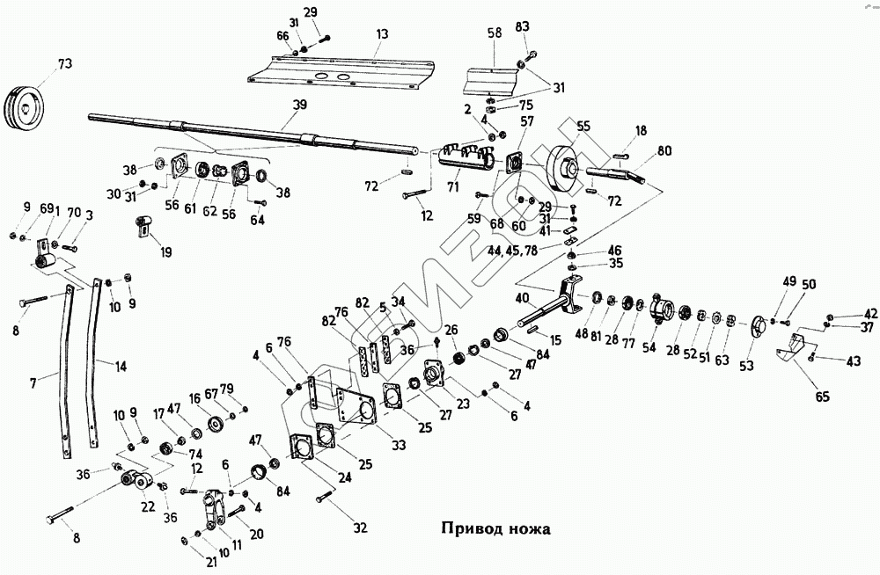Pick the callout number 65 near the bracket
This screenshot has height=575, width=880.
pos(822,397)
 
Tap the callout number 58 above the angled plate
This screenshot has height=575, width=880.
pos(495,33)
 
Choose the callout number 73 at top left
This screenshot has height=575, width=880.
pos(64,63)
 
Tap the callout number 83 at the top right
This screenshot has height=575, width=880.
pos(522,27)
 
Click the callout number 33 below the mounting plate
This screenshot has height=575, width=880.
pos(399,446)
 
